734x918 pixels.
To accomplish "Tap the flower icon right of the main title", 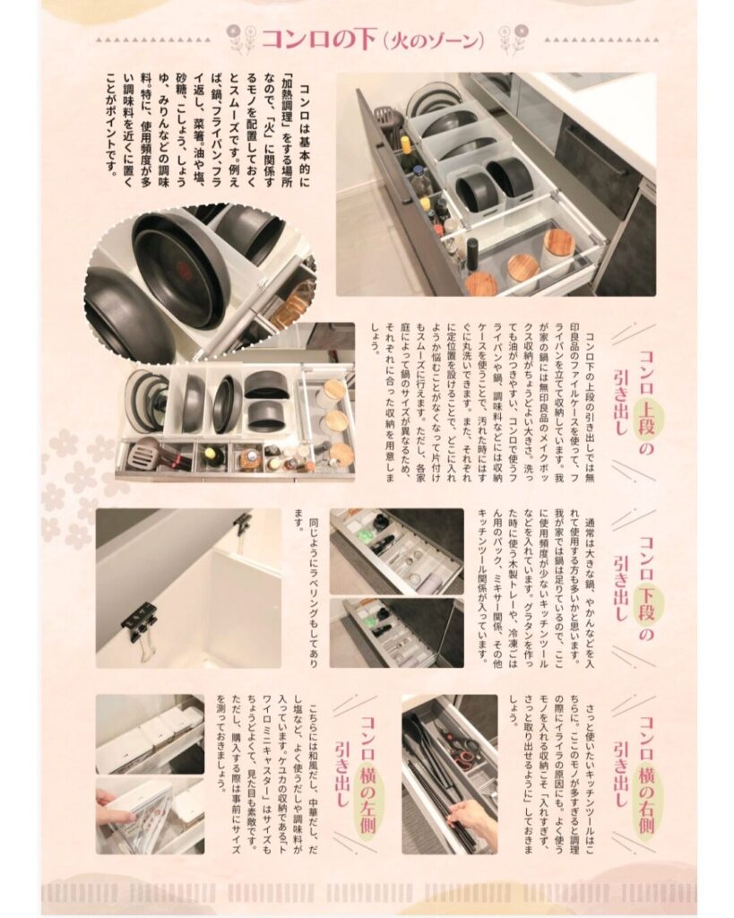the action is (510, 39).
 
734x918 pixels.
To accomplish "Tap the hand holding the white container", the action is (108, 799).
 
